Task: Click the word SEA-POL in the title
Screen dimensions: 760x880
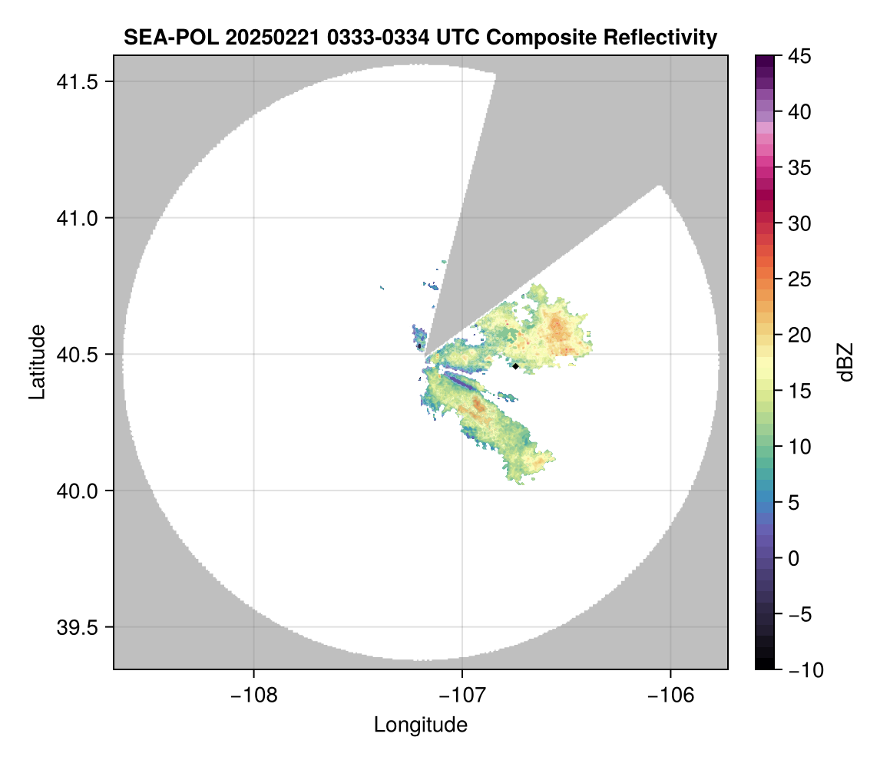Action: tap(159, 37)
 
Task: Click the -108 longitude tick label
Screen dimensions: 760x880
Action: tap(253, 696)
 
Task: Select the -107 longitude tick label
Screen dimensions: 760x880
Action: tap(462, 696)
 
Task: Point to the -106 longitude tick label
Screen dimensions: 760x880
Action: tap(671, 696)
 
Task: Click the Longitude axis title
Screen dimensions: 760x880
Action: tap(421, 725)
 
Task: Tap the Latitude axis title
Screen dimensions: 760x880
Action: tap(37, 362)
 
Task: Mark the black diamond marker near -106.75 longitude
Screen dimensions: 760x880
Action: tap(516, 366)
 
